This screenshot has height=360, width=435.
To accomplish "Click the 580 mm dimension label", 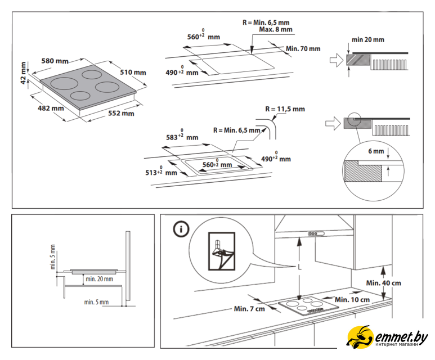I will (x=54, y=61).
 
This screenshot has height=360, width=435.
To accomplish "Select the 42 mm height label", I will (x=23, y=73).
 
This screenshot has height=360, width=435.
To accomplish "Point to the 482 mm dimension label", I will (x=51, y=108).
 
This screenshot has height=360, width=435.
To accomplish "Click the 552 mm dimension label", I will (x=121, y=114).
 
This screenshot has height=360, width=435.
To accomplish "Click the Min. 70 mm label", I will (x=303, y=49).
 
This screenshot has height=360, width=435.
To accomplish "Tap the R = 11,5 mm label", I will (x=285, y=109).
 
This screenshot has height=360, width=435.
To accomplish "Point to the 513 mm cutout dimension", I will (x=161, y=172).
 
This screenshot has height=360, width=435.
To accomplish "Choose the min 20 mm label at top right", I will (x=367, y=40).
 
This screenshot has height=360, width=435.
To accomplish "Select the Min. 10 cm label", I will (x=352, y=300).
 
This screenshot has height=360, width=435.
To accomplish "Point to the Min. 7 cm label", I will (x=249, y=309).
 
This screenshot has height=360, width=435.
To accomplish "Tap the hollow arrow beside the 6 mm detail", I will (x=334, y=122).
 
